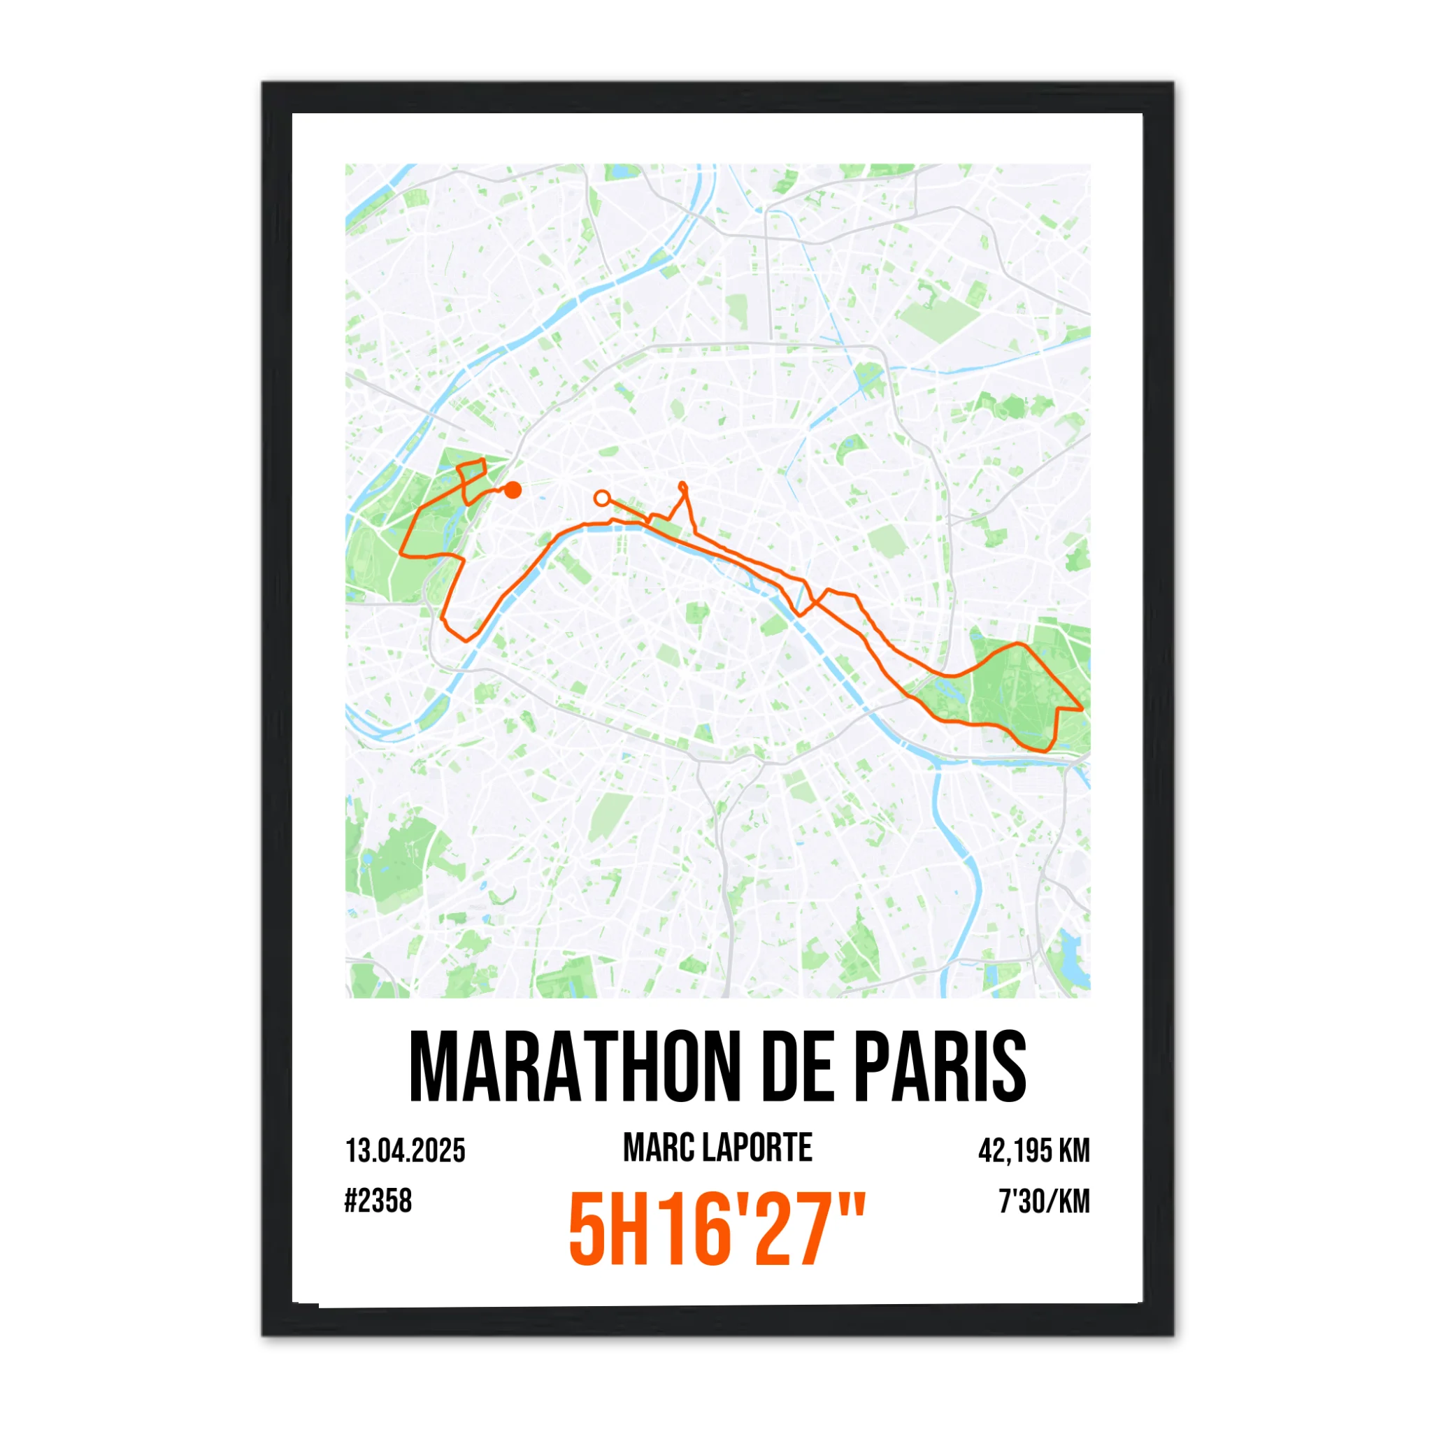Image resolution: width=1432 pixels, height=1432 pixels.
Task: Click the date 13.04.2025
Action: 406,1151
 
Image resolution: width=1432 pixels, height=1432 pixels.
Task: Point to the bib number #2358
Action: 378,1201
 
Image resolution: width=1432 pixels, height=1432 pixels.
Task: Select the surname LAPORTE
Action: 756,1148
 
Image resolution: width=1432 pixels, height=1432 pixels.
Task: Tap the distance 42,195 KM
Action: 1034,1151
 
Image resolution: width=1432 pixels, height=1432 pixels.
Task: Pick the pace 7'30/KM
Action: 1045,1201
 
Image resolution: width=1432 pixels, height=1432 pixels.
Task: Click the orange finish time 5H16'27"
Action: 717,1231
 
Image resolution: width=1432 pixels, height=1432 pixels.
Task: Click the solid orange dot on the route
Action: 512,490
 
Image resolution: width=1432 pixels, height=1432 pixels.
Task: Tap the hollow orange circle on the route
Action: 603,498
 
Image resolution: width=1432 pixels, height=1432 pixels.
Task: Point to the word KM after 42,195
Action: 1074,1151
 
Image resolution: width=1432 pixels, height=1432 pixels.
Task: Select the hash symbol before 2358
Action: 350,1201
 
